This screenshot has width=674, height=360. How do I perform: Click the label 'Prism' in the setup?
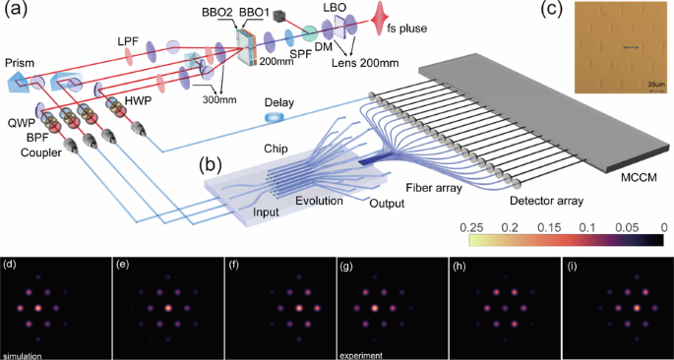tap(20, 63)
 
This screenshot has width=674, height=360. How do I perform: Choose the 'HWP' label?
tap(132, 101)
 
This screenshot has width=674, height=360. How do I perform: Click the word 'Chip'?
tap(275, 147)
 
